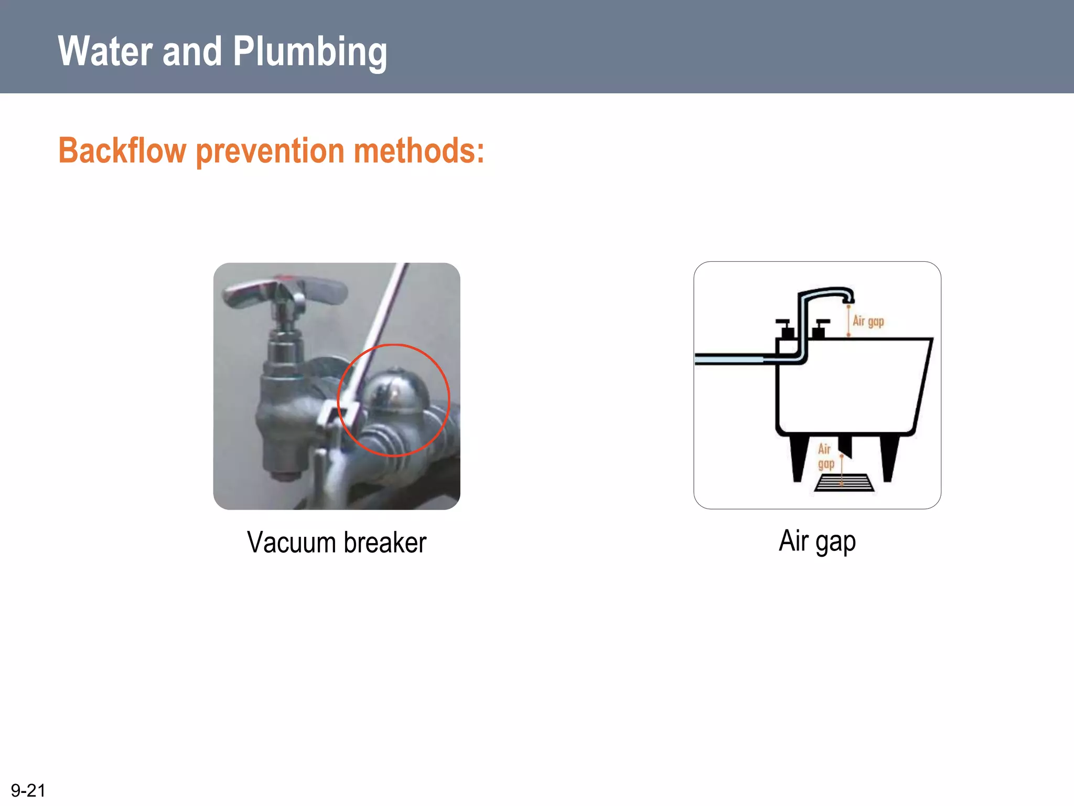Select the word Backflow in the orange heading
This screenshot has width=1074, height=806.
point(122,151)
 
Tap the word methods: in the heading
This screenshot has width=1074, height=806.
point(418,151)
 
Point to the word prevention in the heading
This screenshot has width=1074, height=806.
point(270,151)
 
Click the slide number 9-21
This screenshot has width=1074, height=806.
point(28,790)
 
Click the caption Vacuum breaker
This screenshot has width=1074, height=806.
point(337,542)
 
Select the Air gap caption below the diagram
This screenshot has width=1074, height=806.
point(817,541)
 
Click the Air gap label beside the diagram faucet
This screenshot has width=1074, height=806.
point(868,321)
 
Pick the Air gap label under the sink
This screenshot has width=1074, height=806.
point(825,456)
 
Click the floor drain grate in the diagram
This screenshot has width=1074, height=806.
point(844,483)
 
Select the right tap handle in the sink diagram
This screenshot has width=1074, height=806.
point(820,327)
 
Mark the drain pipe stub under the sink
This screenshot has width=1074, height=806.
point(845,446)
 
